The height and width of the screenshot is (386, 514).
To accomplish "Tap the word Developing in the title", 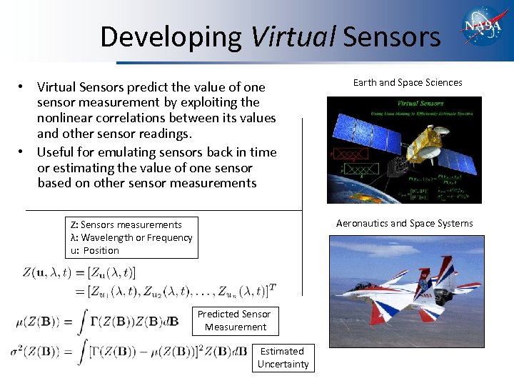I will (x=171, y=36).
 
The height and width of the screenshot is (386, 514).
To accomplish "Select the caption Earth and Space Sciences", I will (x=408, y=82).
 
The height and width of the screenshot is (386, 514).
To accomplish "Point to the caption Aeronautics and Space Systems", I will (x=404, y=223).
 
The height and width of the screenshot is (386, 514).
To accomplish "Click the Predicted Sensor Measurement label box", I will (x=235, y=320).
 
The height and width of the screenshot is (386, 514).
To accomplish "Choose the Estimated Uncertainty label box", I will (x=283, y=357).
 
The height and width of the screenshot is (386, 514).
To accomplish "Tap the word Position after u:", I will (x=101, y=250).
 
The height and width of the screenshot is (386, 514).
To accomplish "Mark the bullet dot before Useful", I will (x=24, y=152).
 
